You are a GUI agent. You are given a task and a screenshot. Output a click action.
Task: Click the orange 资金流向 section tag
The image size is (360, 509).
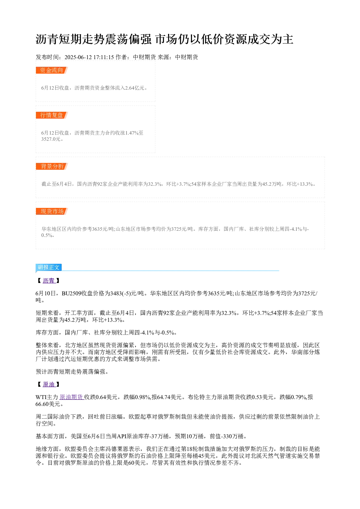click(x=52, y=70)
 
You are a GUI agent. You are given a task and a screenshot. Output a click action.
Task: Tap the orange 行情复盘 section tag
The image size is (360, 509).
click(x=52, y=115)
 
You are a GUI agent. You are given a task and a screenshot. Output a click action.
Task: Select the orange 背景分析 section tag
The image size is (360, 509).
click(x=52, y=166)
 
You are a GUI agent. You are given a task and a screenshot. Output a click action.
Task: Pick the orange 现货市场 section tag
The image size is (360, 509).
click(x=52, y=211)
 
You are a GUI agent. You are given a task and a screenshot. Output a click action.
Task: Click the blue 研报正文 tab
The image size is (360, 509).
click(x=49, y=267)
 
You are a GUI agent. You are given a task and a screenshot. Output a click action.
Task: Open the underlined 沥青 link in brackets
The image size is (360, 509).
click(x=49, y=281)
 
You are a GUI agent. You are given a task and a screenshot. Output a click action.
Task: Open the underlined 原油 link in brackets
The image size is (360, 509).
click(x=49, y=384)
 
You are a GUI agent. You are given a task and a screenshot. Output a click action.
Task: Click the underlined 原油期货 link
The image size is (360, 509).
click(x=71, y=397)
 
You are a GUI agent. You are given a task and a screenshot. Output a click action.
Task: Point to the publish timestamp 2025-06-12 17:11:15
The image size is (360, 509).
click(x=89, y=57)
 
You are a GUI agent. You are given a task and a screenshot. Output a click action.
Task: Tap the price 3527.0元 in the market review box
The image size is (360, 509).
click(x=51, y=139)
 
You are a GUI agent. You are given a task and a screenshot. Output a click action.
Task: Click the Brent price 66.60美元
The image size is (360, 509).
click(x=48, y=404)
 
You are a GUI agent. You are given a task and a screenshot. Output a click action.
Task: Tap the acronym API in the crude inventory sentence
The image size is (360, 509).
click(x=122, y=436)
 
